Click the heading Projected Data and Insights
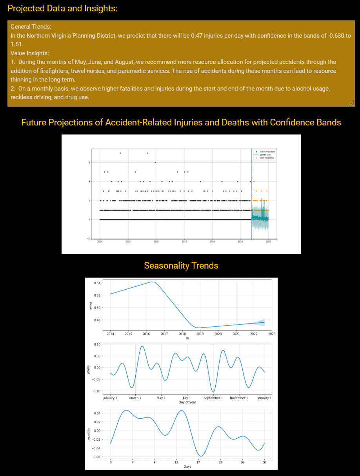tap(62, 8)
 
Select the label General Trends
tap(31, 27)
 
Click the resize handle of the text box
tap(352, 104)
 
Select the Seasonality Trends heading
tap(181, 265)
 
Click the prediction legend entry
tap(265, 155)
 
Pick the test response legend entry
tap(267, 158)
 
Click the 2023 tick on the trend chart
tap(272, 334)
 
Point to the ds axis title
tap(187, 338)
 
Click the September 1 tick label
tap(213, 398)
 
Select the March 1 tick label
tap(135, 398)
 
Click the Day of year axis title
tap(187, 402)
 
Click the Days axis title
tap(187, 467)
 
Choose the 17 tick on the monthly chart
tap(198, 462)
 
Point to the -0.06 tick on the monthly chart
tap(96, 456)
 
